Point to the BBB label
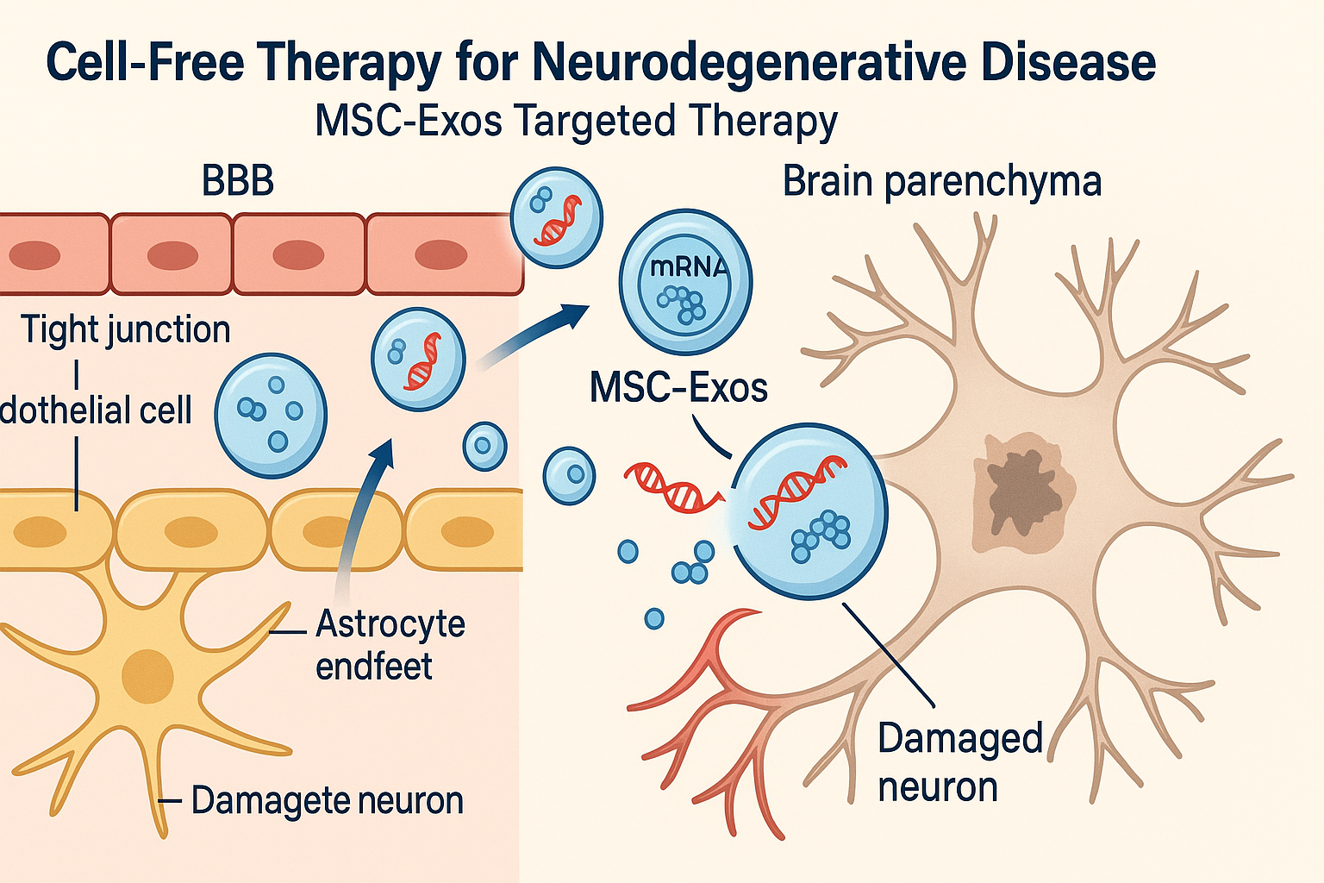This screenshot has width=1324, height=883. [238, 182]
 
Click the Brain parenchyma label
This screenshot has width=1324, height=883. [941, 182]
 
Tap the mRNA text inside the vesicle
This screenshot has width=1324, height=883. [688, 267]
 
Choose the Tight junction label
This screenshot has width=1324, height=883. [126, 329]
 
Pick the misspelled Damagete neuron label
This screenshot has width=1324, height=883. [327, 800]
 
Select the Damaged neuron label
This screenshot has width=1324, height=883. [959, 762]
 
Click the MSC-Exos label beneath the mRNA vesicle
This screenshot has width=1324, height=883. [678, 388]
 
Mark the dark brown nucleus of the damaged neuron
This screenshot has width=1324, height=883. [1023, 493]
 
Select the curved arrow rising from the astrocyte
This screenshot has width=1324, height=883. [360, 517]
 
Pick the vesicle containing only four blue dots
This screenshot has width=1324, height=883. [271, 415]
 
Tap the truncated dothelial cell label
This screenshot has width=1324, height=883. [96, 410]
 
